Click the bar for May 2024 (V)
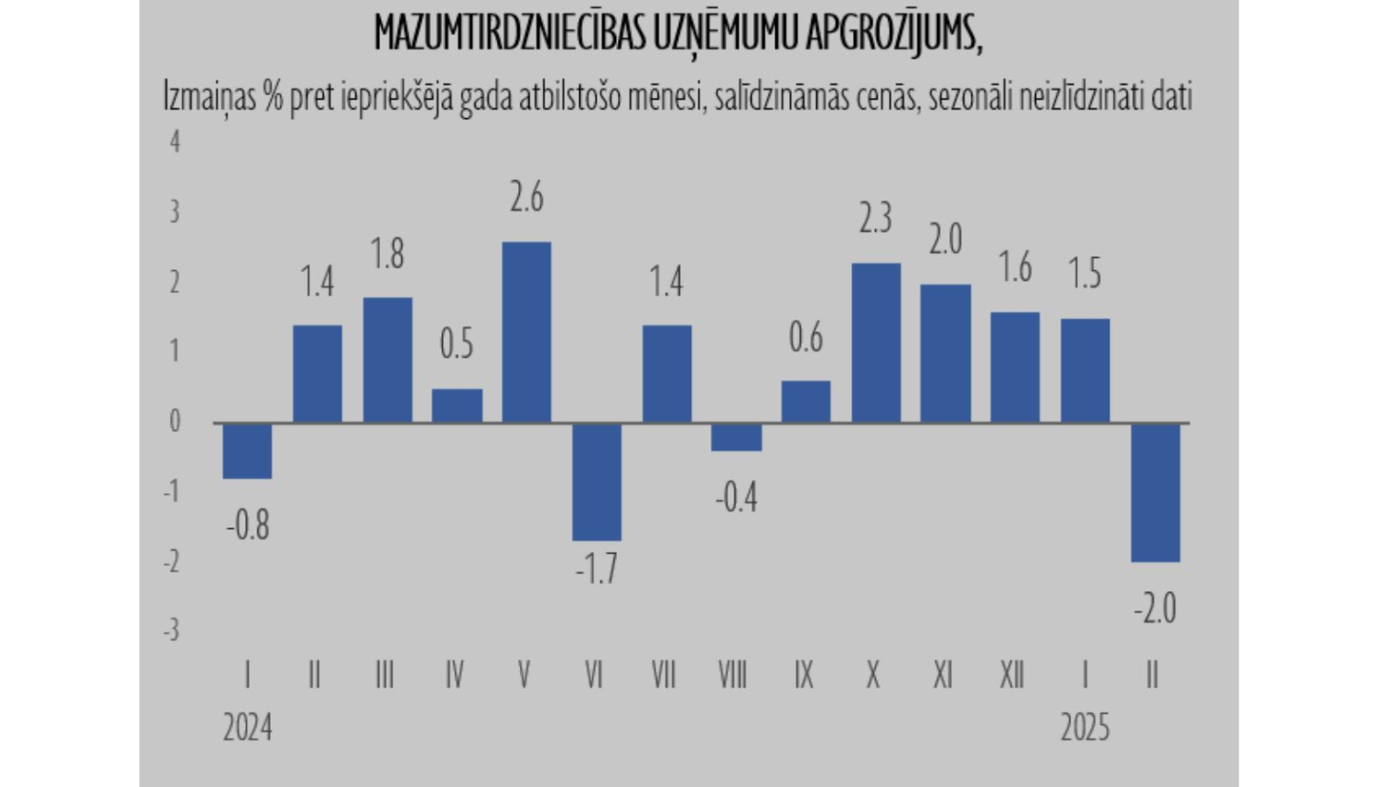coord(526,331)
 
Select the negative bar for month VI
coord(597,481)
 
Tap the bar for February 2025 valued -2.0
coord(1155,492)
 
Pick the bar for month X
coord(876,342)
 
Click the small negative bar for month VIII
coord(736,437)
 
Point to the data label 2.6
coord(526,198)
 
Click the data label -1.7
coord(597,569)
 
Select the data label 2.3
coord(875,219)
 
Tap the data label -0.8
coord(247,525)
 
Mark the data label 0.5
coord(457,344)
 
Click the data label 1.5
coord(1085,274)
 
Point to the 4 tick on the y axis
coord(175,142)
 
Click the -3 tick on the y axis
coord(171,631)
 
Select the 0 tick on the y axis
coord(175,422)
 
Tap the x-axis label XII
coord(1011,675)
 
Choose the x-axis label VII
coord(664,675)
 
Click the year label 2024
coord(247,728)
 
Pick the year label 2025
coord(1085,728)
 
